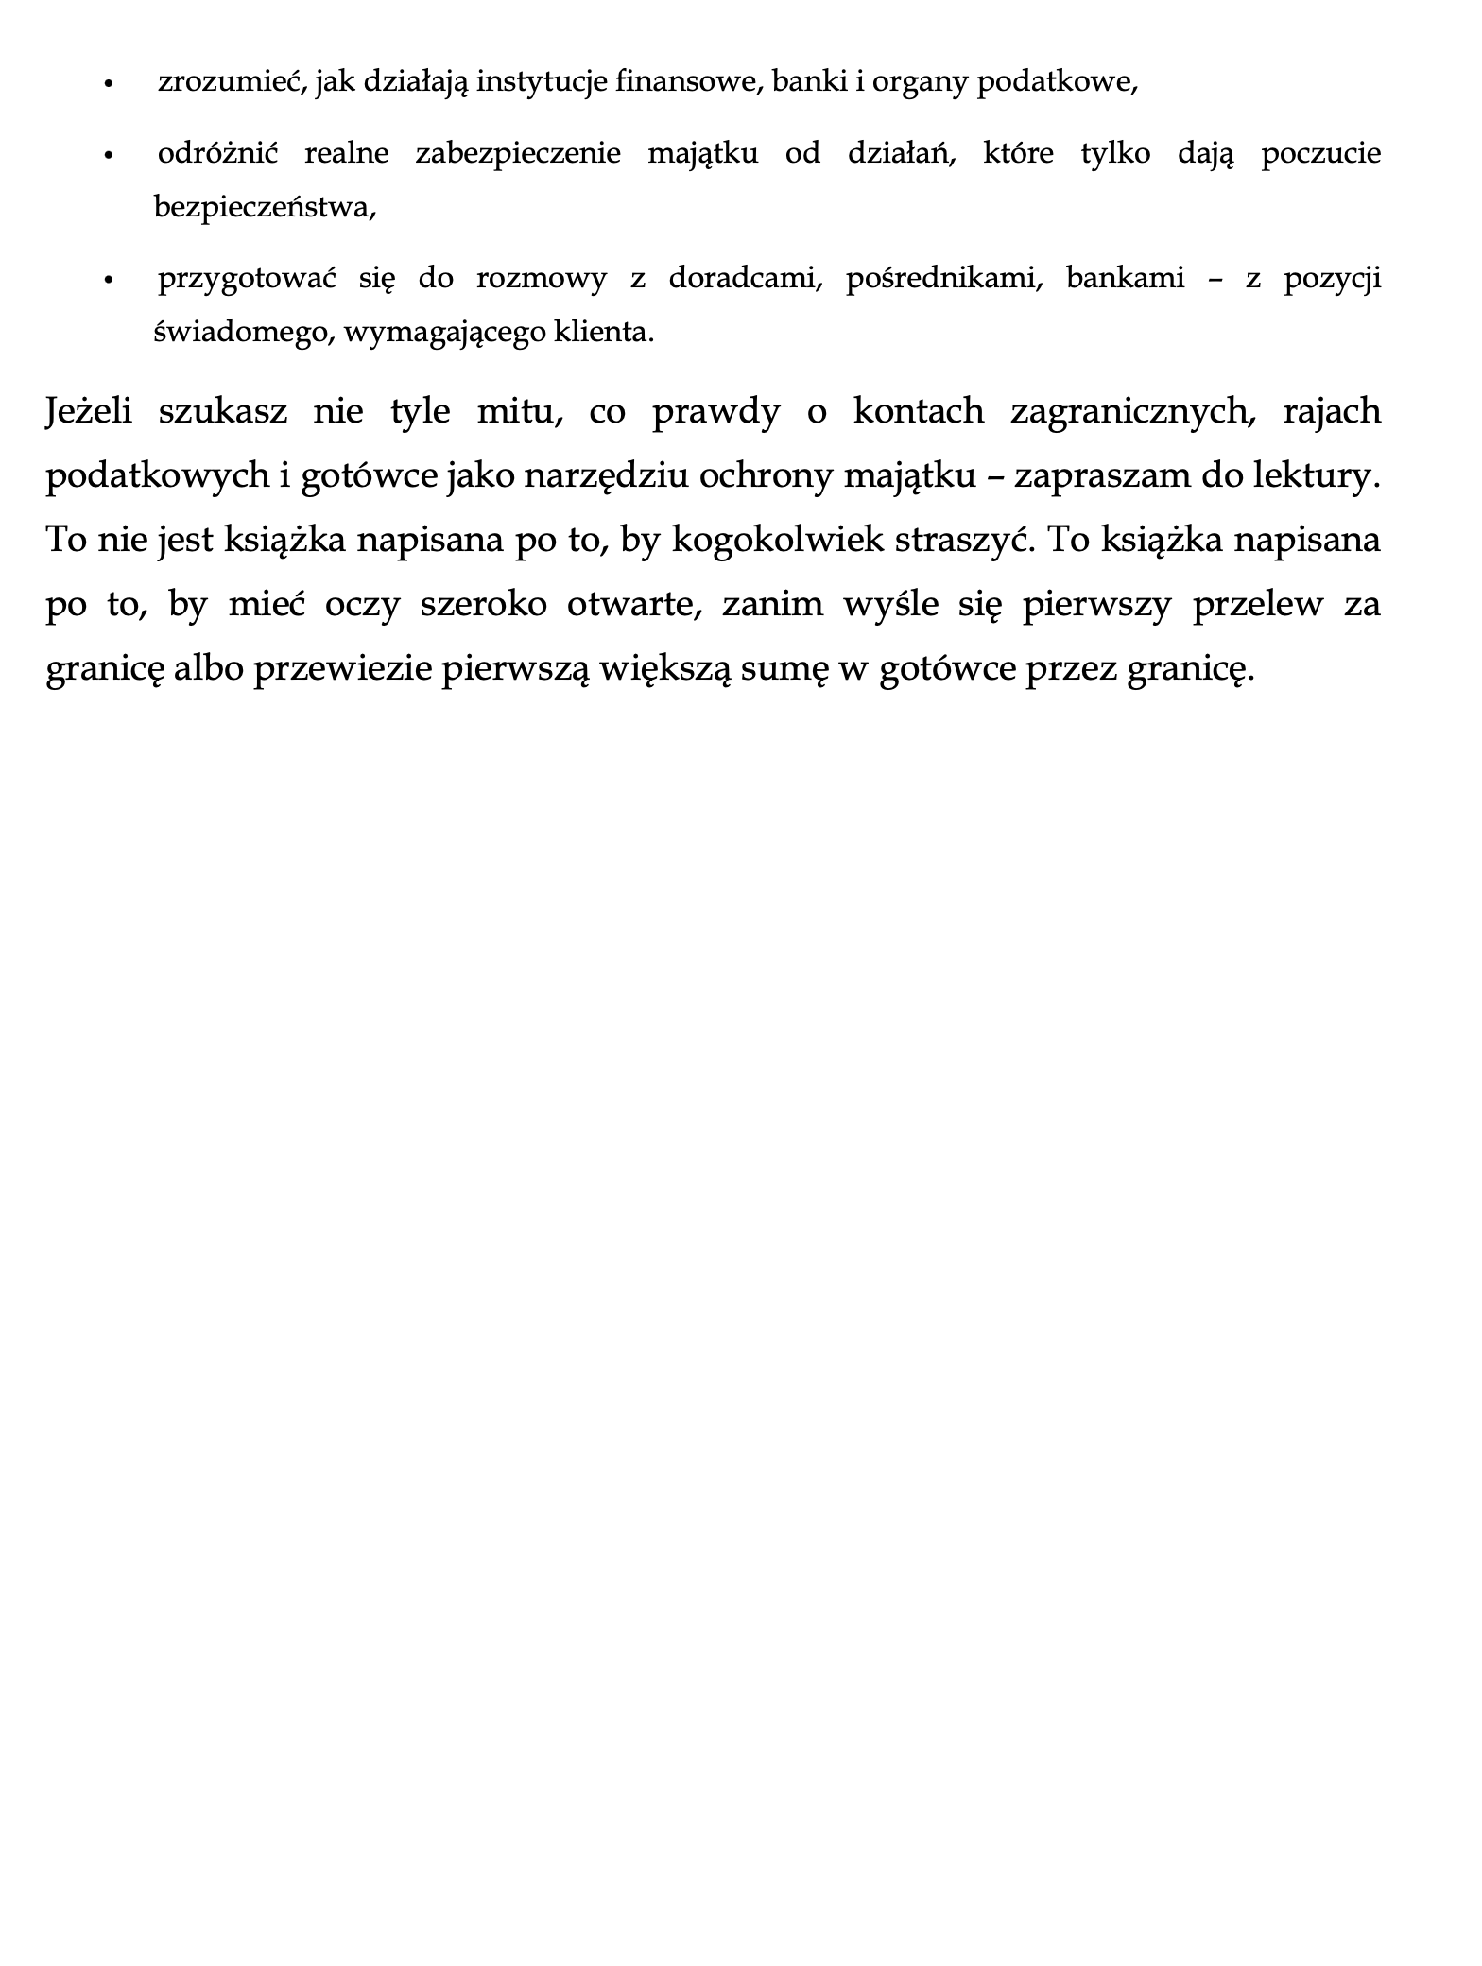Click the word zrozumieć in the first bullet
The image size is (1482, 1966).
point(231,83)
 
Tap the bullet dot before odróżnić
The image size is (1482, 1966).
point(110,154)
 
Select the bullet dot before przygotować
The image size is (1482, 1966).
point(110,280)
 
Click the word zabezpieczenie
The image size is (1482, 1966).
point(518,153)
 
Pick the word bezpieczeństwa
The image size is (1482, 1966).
point(264,208)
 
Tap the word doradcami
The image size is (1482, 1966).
point(744,279)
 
